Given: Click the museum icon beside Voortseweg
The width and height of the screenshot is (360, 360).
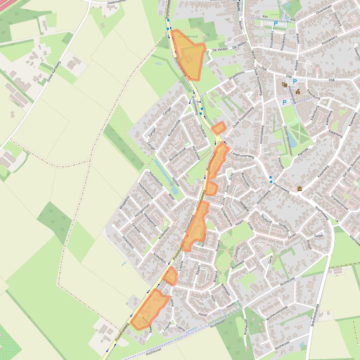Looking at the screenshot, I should (x=299, y=188).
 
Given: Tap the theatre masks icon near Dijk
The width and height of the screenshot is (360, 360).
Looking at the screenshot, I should (x=284, y=85).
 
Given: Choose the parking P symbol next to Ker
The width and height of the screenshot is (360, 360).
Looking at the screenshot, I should (x=276, y=23).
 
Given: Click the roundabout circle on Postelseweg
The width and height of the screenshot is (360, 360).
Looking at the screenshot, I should (x=219, y=143).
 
